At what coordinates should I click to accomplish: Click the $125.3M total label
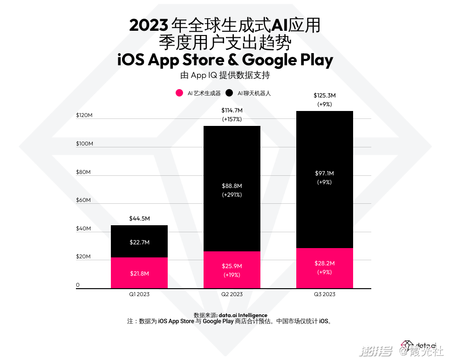pos(325,96)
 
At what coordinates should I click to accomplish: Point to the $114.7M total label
pos(232,111)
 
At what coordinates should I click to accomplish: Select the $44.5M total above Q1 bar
pos(139,219)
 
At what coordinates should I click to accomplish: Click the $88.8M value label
pos(232,186)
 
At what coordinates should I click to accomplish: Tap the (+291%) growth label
pos(232,194)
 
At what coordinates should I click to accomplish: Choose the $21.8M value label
pos(139,273)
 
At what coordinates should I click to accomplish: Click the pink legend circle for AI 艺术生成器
pos(179,93)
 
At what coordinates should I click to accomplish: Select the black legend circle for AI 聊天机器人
pos(229,93)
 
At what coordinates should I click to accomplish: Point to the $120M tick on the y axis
pos(84,115)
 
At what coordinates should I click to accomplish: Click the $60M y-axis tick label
pos(83,201)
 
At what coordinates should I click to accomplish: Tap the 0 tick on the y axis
pos(78,285)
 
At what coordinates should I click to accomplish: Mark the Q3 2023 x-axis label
pos(325,294)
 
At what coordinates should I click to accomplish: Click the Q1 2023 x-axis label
pos(139,294)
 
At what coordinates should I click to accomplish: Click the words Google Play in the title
pos(288,60)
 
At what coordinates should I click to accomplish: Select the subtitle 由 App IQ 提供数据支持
pos(225,76)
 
